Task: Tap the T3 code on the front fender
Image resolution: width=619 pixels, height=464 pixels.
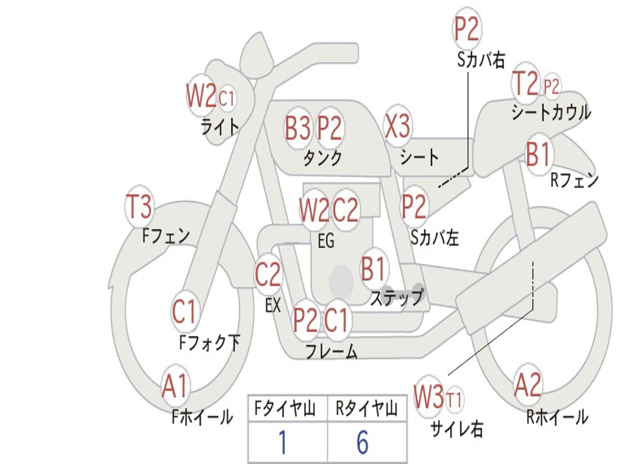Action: point(138,207)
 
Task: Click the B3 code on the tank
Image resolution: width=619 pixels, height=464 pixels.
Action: point(297,128)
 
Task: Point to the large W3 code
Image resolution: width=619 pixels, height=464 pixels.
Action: point(429,396)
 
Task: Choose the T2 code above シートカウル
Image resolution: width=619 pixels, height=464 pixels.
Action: point(525,83)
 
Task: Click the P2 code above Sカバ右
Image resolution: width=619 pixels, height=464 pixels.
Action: point(466,29)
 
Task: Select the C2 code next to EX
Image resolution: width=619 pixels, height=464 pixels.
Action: point(268,274)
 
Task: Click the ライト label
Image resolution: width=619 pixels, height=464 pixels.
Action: point(220,127)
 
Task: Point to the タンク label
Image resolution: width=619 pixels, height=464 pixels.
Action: point(323,158)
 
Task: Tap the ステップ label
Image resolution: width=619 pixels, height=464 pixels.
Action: point(397,297)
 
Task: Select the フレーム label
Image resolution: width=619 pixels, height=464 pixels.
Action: point(332,351)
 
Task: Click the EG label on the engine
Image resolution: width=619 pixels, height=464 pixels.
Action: point(326,240)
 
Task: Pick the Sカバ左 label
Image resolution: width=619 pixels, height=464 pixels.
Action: point(435,237)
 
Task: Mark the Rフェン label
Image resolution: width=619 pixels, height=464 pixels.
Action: point(574,180)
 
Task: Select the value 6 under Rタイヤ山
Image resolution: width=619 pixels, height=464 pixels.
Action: point(363,442)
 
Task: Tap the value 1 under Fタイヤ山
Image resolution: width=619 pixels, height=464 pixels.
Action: point(283,442)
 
